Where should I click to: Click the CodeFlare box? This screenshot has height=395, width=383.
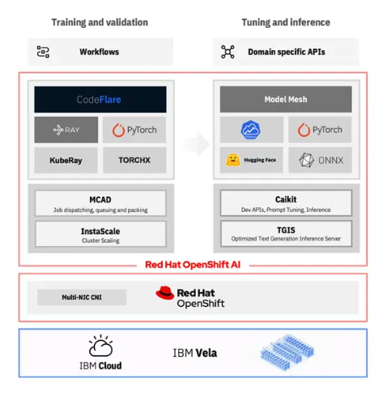(100, 100)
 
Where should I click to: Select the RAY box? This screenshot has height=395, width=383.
(66, 130)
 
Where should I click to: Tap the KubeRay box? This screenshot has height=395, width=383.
(66, 159)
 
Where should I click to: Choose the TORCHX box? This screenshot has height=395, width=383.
(134, 159)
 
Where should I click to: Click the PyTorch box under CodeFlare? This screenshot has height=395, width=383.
(134, 130)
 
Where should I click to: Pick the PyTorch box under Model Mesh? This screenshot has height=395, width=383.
(320, 130)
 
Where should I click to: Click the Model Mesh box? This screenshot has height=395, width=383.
(286, 100)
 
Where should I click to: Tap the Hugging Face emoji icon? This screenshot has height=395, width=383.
(233, 159)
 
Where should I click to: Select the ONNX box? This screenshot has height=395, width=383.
(320, 159)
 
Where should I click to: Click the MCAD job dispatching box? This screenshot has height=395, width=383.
(100, 202)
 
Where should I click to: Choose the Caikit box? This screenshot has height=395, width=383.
(286, 202)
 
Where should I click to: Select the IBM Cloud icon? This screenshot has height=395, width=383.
(100, 346)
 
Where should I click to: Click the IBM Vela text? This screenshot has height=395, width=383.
(194, 353)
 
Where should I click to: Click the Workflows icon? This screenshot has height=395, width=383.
(43, 52)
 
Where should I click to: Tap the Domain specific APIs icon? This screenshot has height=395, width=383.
(228, 52)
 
